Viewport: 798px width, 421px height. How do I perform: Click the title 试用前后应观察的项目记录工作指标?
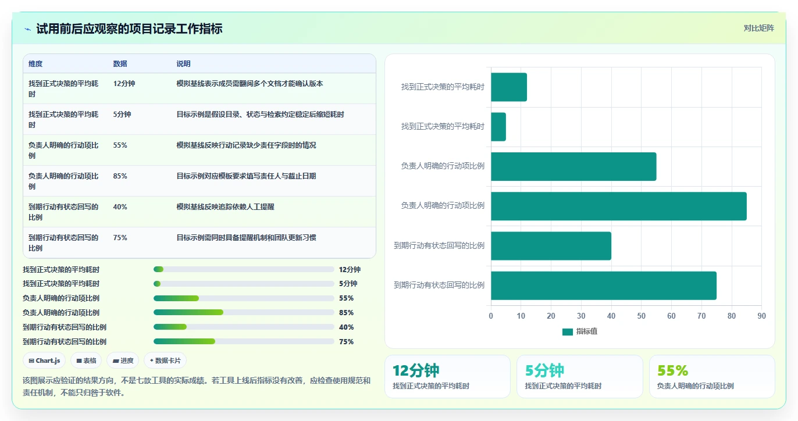129,29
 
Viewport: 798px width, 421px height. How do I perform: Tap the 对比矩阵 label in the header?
758,28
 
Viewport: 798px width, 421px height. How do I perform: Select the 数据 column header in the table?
120,64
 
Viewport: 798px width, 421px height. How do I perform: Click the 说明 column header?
183,64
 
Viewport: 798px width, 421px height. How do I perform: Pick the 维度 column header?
35,64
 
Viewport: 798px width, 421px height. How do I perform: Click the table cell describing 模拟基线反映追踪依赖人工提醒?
225,207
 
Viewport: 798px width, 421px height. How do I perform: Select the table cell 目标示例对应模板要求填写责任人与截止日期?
246,176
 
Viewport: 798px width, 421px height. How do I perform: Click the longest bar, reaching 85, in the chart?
618,206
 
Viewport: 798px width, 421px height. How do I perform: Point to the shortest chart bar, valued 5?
498,127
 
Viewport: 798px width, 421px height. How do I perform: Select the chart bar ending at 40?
551,246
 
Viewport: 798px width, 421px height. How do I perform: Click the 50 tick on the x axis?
641,316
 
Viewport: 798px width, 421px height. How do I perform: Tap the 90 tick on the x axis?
761,316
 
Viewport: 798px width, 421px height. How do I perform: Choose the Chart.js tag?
45,361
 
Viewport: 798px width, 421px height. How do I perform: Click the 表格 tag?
86,361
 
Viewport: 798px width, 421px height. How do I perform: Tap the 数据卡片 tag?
165,361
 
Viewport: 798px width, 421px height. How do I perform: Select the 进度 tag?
123,361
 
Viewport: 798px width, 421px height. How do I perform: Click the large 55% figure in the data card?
672,370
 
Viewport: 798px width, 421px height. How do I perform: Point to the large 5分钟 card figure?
544,370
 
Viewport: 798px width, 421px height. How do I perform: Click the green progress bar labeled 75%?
184,341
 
